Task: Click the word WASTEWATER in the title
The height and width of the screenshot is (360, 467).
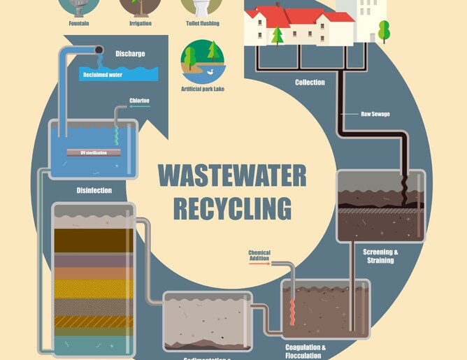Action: click(x=231, y=175)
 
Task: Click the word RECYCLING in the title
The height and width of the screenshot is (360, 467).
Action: click(x=231, y=208)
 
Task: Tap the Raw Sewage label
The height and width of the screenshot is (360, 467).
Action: click(x=375, y=113)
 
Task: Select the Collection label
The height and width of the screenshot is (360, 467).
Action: click(x=310, y=82)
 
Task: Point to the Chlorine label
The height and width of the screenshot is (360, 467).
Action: click(x=139, y=101)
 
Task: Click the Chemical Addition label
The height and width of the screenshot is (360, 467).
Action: click(x=259, y=255)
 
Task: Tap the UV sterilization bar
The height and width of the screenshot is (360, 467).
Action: click(x=94, y=152)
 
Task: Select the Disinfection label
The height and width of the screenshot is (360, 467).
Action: click(x=94, y=190)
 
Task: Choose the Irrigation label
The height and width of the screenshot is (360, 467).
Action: click(x=141, y=23)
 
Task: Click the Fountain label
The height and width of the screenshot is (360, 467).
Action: click(x=78, y=23)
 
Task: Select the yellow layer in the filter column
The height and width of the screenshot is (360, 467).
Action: click(x=92, y=288)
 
